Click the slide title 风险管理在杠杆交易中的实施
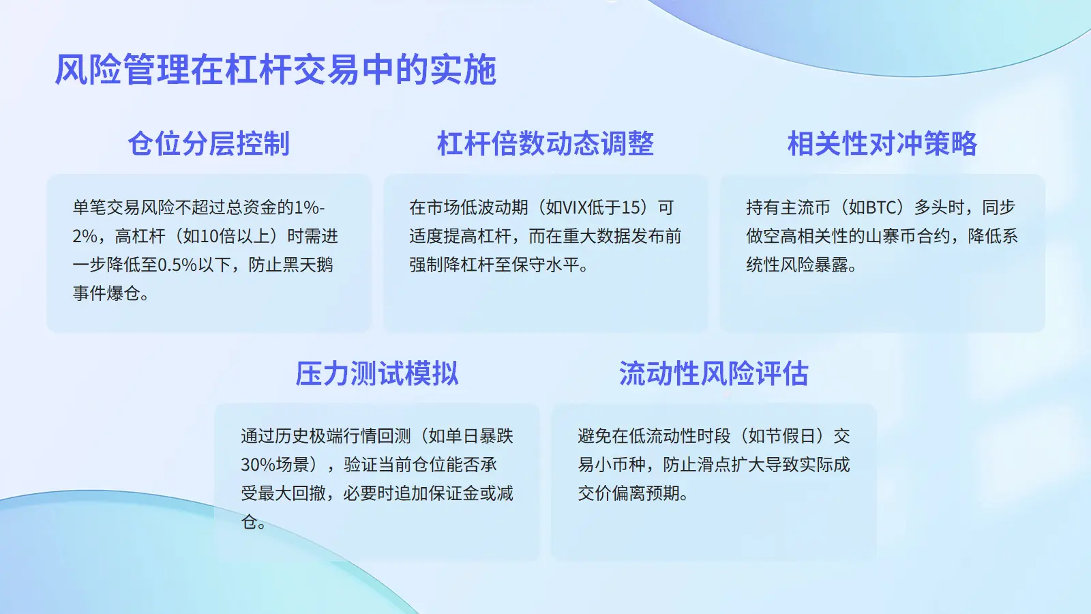tap(275, 70)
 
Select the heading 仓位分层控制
tap(209, 143)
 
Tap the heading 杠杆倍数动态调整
tap(545, 143)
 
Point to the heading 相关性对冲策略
tap(882, 143)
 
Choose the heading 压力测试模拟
tap(377, 373)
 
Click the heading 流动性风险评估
tap(713, 373)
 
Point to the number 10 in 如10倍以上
tap(209, 236)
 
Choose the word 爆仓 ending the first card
tap(123, 294)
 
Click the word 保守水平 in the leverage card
tap(545, 265)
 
